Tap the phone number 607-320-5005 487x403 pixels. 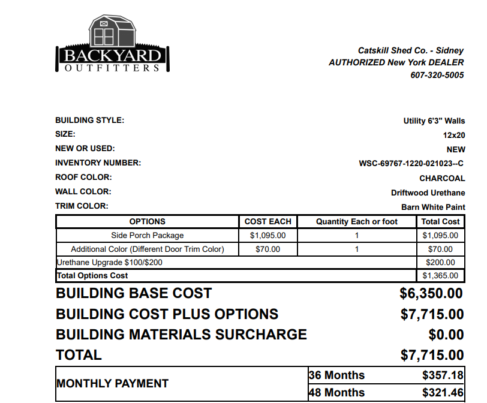pos(437,75)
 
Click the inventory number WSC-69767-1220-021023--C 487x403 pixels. pos(411,164)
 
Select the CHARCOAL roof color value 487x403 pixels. pos(442,178)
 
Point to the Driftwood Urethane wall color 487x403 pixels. pos(428,193)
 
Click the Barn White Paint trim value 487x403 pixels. pos(433,207)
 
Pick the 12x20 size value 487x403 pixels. pos(454,136)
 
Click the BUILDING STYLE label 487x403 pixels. pos(89,121)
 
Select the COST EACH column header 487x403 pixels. pos(267,222)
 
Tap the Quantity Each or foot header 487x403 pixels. pos(357,222)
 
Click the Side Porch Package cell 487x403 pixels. pos(148,236)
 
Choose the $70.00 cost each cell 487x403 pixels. pos(267,249)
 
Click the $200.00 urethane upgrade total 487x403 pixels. pos(440,263)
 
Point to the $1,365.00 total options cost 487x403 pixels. pos(440,276)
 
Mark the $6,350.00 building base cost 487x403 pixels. pos(431,294)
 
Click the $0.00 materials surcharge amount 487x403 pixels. pos(446,335)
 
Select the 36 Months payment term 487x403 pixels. pos(336,375)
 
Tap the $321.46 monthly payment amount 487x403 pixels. pos(443,393)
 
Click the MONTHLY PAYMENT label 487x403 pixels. pos(112,384)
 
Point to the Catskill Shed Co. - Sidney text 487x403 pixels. pos(411,51)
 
